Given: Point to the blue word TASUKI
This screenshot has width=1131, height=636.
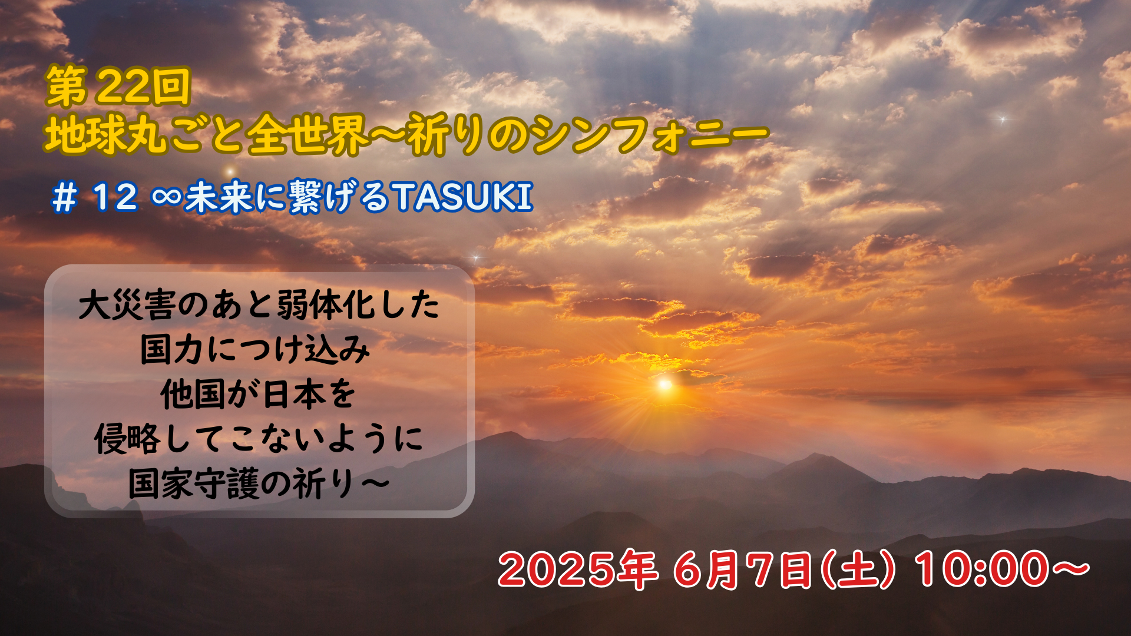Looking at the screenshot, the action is (463, 197).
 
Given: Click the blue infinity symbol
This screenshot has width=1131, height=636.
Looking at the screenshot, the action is (167, 197).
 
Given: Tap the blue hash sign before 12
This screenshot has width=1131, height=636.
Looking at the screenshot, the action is (65, 198).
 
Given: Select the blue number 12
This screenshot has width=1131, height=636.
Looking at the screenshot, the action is (115, 197).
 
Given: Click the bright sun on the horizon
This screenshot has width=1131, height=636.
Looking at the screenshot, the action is (664, 385).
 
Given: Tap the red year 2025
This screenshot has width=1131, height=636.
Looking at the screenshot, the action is (558, 569).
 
